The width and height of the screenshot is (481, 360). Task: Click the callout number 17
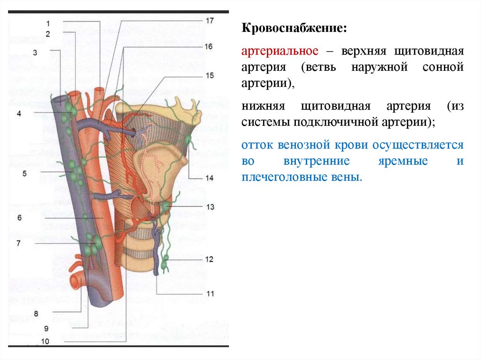tap(209, 21)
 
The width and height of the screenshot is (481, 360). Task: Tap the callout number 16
tap(209, 46)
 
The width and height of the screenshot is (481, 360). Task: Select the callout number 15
tap(209, 75)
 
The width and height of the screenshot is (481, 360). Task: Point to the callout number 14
tap(209, 178)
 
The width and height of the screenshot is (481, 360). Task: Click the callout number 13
tap(209, 207)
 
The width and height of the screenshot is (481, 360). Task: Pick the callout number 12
tap(209, 259)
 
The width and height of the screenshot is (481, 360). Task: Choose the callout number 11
tap(209, 294)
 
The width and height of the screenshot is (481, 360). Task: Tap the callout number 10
tap(46, 342)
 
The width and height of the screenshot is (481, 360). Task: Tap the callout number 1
tap(48, 23)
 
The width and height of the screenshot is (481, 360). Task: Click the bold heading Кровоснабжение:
tap(295, 29)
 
